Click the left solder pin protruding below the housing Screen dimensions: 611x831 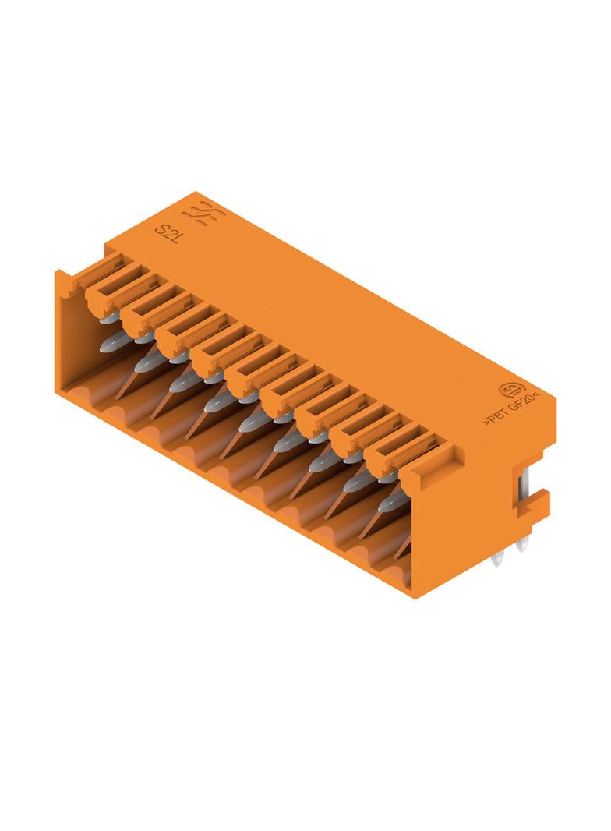(x=498, y=559)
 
